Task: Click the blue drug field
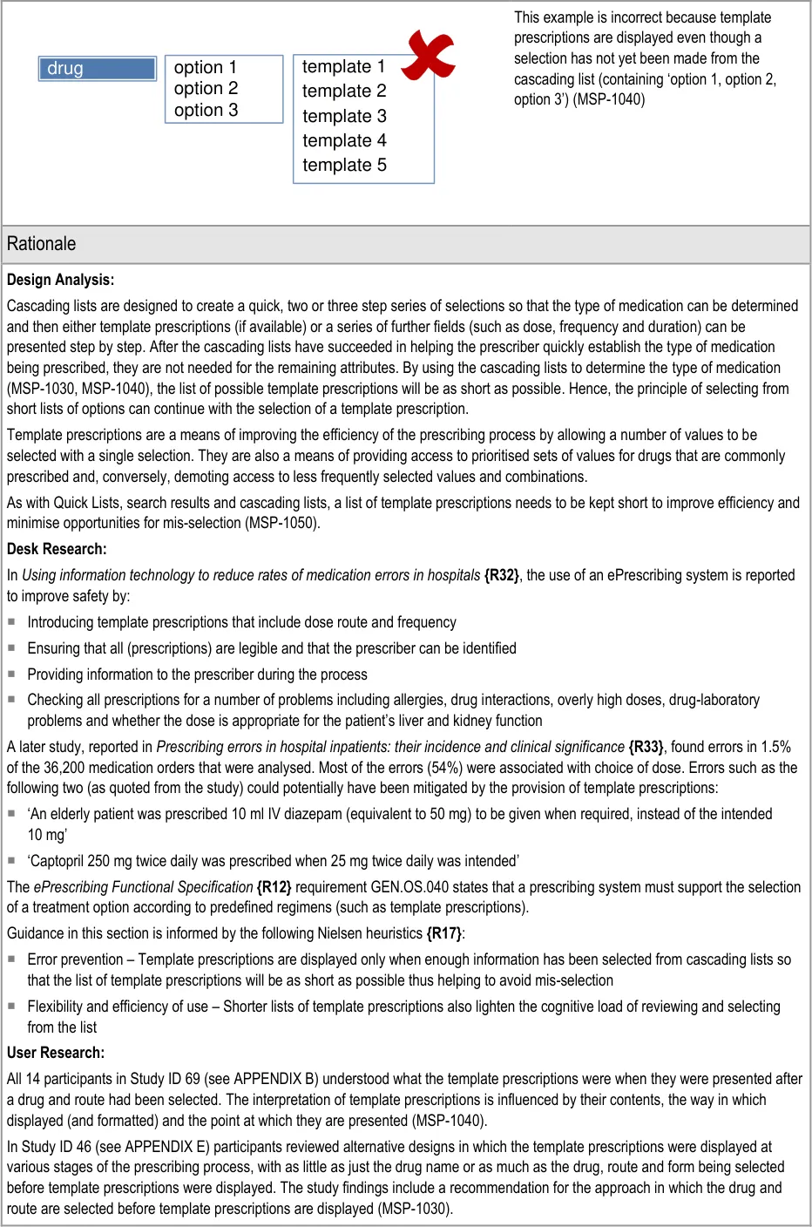pyautogui.click(x=97, y=69)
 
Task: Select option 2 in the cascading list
pyautogui.click(x=206, y=89)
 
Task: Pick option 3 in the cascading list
pyautogui.click(x=206, y=111)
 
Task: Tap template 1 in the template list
pyautogui.click(x=343, y=67)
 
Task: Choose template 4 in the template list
pyautogui.click(x=344, y=141)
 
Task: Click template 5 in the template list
pyautogui.click(x=344, y=166)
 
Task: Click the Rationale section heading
pyautogui.click(x=41, y=244)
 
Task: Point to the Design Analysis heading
pyautogui.click(x=60, y=280)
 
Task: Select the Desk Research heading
pyautogui.click(x=57, y=549)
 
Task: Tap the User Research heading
pyautogui.click(x=56, y=1053)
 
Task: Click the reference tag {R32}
pyautogui.click(x=501, y=575)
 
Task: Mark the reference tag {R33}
pyautogui.click(x=646, y=747)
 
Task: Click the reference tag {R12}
pyautogui.click(x=274, y=887)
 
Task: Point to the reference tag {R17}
pyautogui.click(x=443, y=933)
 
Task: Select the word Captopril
pyautogui.click(x=55, y=861)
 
